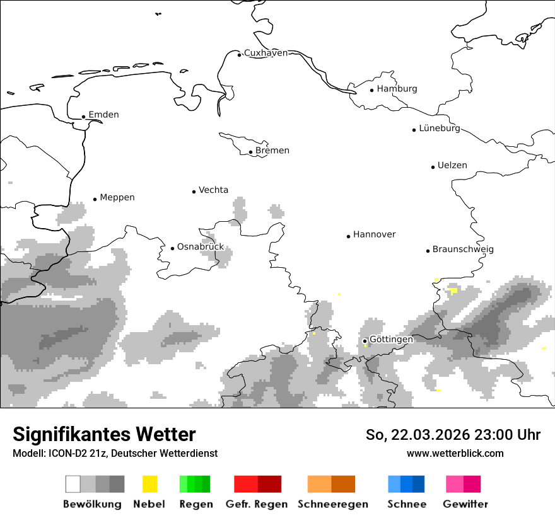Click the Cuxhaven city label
(x=266, y=53)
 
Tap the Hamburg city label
(x=397, y=89)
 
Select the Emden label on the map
(x=103, y=115)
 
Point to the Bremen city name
(x=272, y=151)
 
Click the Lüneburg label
(x=440, y=129)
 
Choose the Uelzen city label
(x=452, y=166)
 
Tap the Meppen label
(x=117, y=198)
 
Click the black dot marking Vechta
(x=194, y=192)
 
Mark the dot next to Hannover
(x=348, y=236)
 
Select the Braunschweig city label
(x=463, y=250)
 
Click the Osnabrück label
(x=201, y=247)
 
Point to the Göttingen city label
(x=391, y=340)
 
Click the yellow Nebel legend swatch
(x=150, y=484)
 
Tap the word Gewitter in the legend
(x=465, y=504)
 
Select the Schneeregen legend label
(x=333, y=504)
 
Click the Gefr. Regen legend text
(x=257, y=504)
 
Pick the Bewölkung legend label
(x=92, y=504)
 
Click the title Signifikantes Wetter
(x=104, y=435)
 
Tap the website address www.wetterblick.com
(x=455, y=454)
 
